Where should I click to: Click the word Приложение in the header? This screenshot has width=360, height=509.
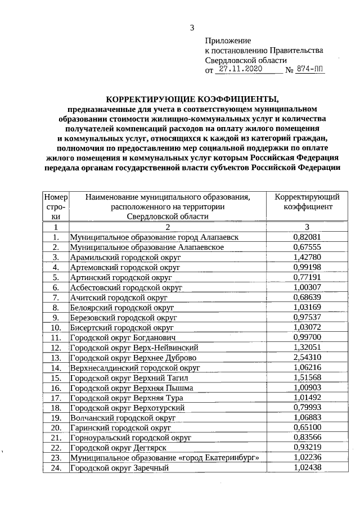(x=228, y=40)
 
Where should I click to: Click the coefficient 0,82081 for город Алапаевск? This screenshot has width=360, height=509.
(x=307, y=237)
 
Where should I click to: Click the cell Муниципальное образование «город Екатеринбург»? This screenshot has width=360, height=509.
(x=165, y=458)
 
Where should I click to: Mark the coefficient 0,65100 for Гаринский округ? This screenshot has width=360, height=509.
(x=307, y=428)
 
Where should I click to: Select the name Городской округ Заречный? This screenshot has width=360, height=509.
(x=120, y=469)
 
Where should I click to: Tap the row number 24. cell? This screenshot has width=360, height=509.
(x=56, y=469)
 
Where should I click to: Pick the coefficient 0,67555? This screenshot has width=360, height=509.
(x=307, y=247)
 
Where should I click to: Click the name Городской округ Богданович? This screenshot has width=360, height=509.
(x=123, y=337)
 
